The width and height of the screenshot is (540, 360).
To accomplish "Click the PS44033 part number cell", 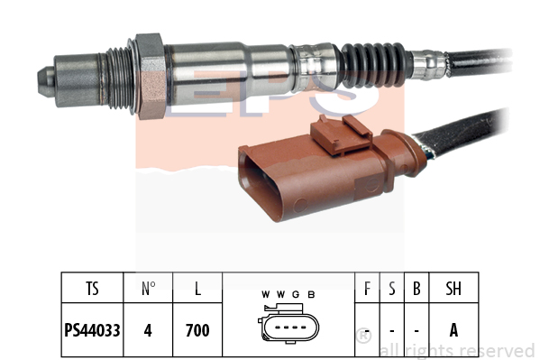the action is [x=92, y=330].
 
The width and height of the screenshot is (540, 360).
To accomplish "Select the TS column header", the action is [x=92, y=289].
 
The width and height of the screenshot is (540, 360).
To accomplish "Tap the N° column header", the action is [x=148, y=289].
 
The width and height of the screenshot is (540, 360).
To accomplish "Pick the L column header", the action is [x=197, y=289].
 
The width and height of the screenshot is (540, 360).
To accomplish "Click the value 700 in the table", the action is [x=197, y=330].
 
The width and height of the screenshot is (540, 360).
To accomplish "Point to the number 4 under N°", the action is [x=148, y=330].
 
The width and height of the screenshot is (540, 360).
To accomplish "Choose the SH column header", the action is [x=453, y=289].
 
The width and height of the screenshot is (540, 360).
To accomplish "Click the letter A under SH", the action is [x=453, y=330].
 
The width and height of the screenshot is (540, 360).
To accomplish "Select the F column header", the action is [x=367, y=289].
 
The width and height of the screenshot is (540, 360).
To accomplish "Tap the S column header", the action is [x=392, y=289].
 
